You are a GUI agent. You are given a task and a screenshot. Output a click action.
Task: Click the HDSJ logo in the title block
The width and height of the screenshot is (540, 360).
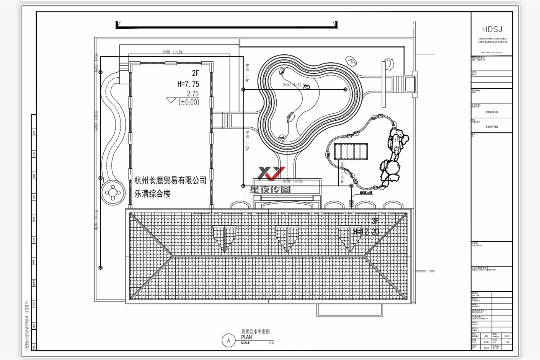point(492,29)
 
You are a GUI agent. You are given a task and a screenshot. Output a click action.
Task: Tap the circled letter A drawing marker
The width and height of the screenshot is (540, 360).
point(229,340)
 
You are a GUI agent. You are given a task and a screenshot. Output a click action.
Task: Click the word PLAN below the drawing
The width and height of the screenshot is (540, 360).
point(246,337)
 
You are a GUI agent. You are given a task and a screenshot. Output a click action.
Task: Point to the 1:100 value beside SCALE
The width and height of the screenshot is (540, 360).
point(271,343)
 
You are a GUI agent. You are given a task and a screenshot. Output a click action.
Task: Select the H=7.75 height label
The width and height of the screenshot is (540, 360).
point(188,84)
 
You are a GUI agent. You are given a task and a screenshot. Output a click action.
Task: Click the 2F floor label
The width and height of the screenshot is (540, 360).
point(196,73)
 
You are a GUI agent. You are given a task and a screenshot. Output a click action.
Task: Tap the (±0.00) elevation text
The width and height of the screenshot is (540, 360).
point(189,102)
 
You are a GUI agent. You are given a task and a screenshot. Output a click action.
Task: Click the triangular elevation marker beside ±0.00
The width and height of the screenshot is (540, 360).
point(171,101)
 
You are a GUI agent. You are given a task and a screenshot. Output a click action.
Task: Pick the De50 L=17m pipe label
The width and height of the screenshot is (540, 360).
point(173,52)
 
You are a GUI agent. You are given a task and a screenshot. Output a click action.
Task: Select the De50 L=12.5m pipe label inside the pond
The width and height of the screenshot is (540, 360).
point(295,85)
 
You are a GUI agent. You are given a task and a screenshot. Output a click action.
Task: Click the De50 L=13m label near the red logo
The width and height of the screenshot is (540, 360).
point(292,181)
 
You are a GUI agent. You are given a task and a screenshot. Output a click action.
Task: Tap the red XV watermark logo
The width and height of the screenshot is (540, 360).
point(271,173)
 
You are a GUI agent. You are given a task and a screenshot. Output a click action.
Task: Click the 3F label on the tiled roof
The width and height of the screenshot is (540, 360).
point(375,221)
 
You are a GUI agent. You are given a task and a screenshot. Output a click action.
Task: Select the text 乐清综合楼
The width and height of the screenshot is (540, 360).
point(152,194)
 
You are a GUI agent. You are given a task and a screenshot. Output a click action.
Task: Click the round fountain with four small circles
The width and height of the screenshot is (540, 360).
point(113,192)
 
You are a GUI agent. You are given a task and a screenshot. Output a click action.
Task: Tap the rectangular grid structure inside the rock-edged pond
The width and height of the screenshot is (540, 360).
point(351,151)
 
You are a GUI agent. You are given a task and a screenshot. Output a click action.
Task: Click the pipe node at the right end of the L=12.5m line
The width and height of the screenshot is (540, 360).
point(345,90)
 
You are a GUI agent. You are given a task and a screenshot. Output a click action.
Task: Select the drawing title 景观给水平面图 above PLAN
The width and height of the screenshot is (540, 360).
point(255,332)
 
